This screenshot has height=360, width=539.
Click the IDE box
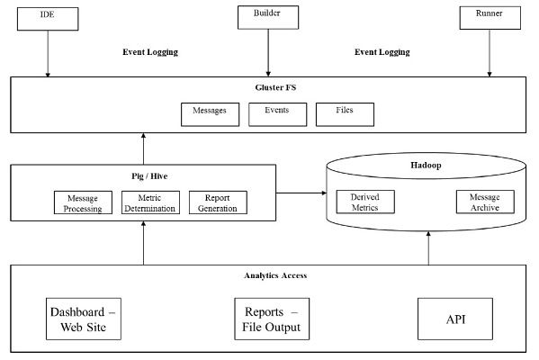click(x=48, y=19)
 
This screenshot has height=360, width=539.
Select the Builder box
click(x=268, y=17)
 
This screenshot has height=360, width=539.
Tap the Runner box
click(x=490, y=18)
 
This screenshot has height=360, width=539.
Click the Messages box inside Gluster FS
click(x=210, y=114)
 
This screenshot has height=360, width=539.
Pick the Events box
click(x=278, y=114)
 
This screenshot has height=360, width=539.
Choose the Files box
click(x=346, y=114)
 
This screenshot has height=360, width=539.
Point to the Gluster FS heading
click(x=275, y=87)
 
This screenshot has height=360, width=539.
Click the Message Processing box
click(x=83, y=202)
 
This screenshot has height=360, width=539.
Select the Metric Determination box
click(x=150, y=202)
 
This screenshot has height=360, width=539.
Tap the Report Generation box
click(x=218, y=202)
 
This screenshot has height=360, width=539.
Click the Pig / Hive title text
click(x=149, y=176)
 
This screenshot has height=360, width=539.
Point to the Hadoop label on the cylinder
click(x=426, y=165)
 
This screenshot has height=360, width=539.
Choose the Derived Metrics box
click(x=365, y=202)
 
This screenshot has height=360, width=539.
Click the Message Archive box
click(x=485, y=202)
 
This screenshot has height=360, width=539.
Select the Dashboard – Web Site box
click(x=84, y=319)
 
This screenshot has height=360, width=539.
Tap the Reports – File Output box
click(x=272, y=319)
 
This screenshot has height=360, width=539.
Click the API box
click(x=455, y=319)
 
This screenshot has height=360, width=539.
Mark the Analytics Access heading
click(x=275, y=275)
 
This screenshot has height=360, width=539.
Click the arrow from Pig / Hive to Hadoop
click(x=301, y=193)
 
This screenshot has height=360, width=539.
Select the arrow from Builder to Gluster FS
click(x=268, y=52)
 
